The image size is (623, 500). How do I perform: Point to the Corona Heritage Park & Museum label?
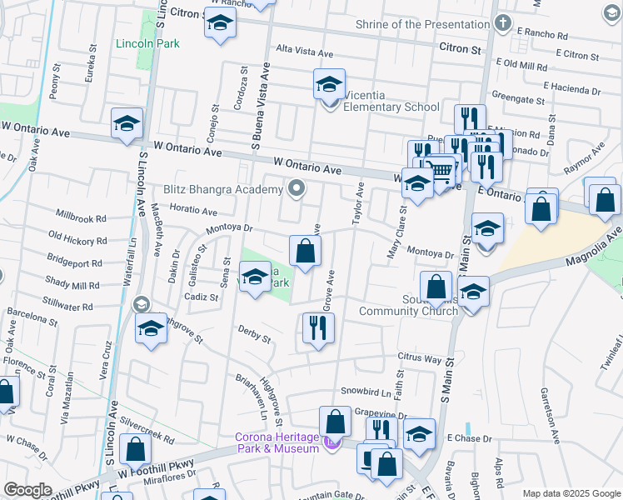click(x=277, y=442)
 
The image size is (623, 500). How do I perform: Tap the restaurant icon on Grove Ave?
click(x=317, y=327)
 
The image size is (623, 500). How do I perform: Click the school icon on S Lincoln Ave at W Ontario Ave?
click(x=128, y=125)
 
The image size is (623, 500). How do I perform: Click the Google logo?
click(x=27, y=490)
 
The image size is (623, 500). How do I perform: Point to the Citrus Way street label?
click(x=420, y=358)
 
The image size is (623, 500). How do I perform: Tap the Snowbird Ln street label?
click(x=366, y=392)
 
